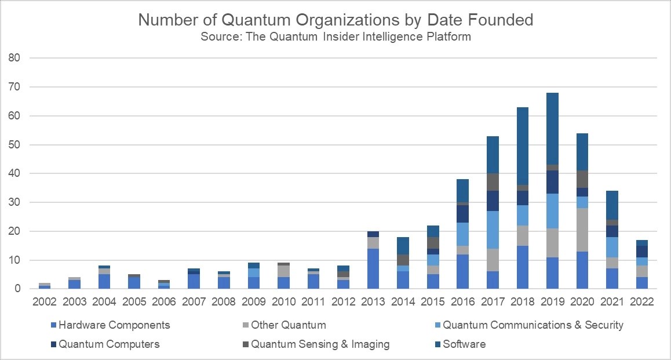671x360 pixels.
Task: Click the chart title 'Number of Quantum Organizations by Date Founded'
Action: [x=335, y=20]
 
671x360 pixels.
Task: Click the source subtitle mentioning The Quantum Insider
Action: [x=335, y=37]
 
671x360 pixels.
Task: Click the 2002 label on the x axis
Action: [x=45, y=302]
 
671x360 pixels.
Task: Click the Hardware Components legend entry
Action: [x=110, y=325]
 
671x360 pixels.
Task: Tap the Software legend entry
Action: [x=464, y=344]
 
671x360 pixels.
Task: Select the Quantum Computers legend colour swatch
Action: [x=54, y=344]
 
